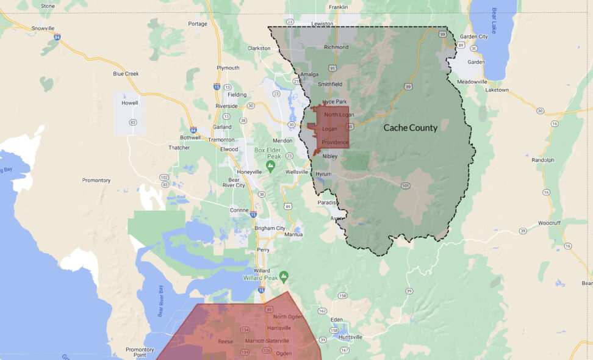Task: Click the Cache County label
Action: tap(410, 128)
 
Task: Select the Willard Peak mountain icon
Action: tap(284, 276)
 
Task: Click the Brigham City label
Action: tap(269, 228)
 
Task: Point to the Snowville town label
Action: tap(43, 28)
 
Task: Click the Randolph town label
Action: tap(542, 160)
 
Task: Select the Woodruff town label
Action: tap(549, 223)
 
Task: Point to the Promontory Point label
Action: tap(140, 352)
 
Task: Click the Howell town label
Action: tap(129, 103)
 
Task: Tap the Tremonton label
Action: tap(221, 140)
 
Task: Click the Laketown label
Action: tap(497, 90)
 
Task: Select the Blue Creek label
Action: tap(126, 74)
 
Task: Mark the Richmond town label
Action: tap(336, 47)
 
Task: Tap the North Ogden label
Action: tap(288, 317)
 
